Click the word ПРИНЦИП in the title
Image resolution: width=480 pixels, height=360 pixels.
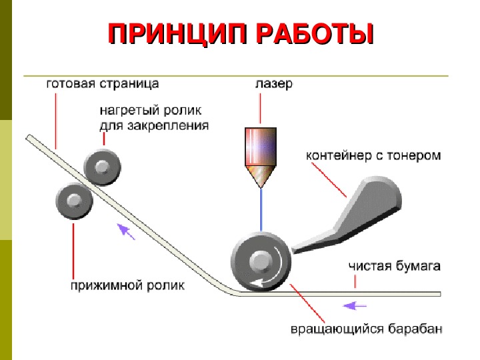point(177,33)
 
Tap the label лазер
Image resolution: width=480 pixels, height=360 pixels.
point(274,83)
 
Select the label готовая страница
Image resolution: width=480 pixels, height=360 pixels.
point(103,83)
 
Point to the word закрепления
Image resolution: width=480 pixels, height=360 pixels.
point(168,125)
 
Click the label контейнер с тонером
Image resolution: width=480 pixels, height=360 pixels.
point(373,155)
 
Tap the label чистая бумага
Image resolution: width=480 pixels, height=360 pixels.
point(394,266)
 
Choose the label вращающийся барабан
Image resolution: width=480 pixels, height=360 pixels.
point(366,329)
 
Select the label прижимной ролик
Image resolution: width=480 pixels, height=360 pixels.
point(127,285)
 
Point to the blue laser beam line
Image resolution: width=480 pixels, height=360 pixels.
point(261,210)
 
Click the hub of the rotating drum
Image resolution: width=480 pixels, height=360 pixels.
point(261,261)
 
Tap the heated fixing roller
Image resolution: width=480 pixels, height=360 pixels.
point(102,167)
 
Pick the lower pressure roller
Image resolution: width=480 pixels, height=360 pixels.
point(74,201)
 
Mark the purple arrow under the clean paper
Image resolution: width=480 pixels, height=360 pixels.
point(355,305)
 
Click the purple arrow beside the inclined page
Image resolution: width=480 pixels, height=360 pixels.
point(126,231)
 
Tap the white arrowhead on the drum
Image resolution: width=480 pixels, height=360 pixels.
point(258,283)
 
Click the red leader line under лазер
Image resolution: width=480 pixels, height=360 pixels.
point(260,109)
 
